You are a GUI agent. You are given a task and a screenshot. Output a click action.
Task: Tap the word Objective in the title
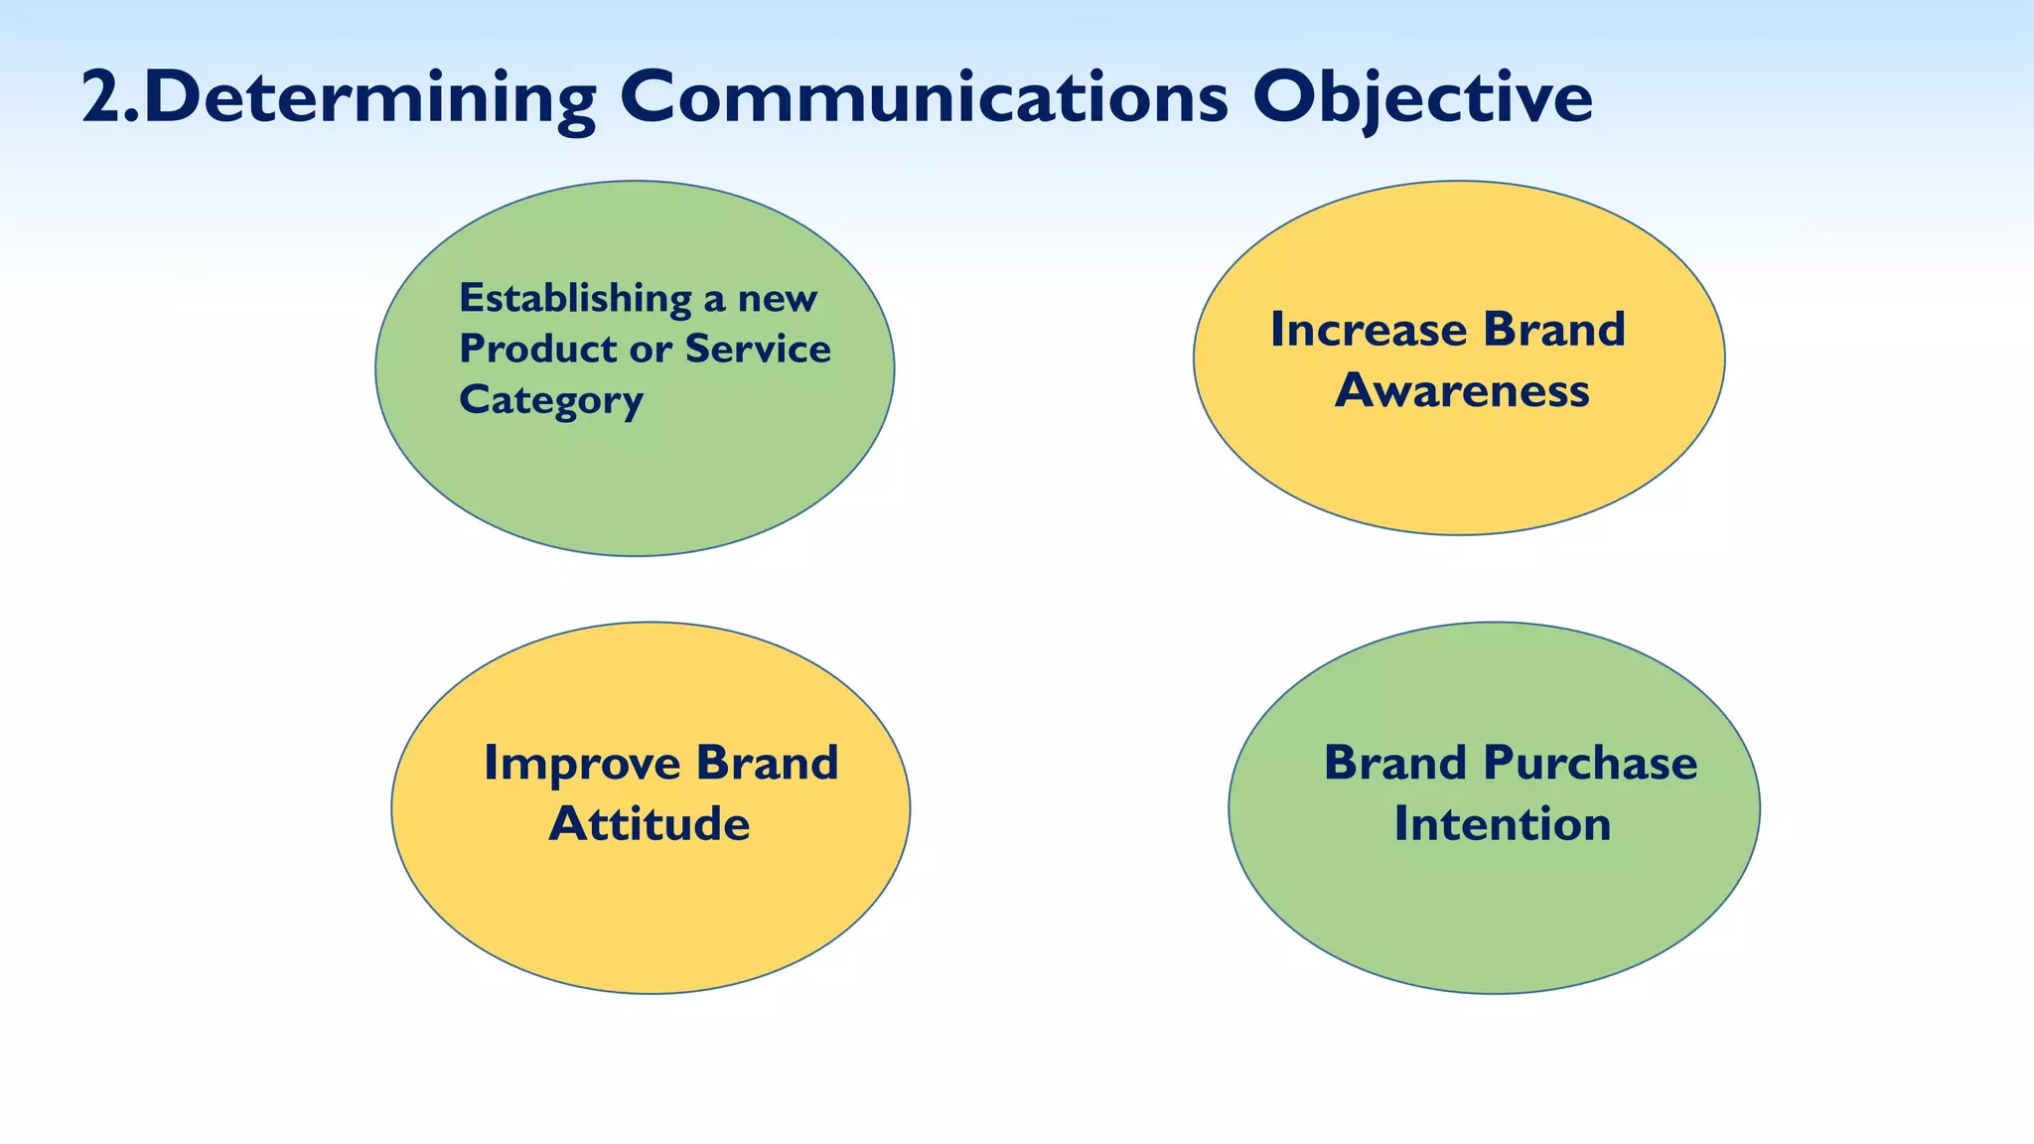pyautogui.click(x=1421, y=98)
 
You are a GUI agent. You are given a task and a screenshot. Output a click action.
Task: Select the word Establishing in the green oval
pyautogui.click(x=575, y=299)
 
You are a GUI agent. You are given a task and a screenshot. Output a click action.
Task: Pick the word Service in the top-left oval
pyautogui.click(x=758, y=349)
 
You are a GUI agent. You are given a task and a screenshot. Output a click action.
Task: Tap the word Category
pyautogui.click(x=551, y=400)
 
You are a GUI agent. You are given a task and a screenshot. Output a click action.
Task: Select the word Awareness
pyautogui.click(x=1462, y=390)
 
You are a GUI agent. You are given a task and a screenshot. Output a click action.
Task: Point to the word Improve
pyautogui.click(x=581, y=764)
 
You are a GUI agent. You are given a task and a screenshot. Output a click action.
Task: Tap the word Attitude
pyautogui.click(x=650, y=824)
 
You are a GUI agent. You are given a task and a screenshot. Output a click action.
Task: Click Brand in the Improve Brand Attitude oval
pyautogui.click(x=767, y=764)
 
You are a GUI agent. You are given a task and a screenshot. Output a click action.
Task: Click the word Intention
pyautogui.click(x=1502, y=824)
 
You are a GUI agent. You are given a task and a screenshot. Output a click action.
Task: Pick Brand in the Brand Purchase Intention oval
pyautogui.click(x=1394, y=764)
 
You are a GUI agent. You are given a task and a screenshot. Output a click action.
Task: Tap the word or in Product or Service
pyautogui.click(x=651, y=350)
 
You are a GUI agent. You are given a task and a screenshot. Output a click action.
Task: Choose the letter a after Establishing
pyautogui.click(x=713, y=300)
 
